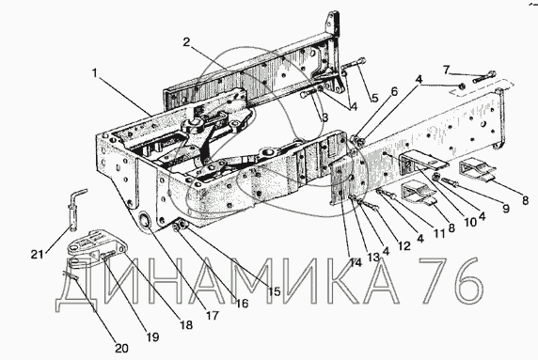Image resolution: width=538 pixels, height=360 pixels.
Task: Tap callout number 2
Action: [186, 42]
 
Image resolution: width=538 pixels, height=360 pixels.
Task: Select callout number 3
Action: [324, 117]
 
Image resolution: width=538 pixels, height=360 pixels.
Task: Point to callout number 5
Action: [374, 99]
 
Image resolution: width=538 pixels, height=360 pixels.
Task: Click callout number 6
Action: [393, 91]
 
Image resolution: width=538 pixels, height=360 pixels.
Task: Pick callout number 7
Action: [446, 70]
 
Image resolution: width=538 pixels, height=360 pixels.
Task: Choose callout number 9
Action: [506, 209]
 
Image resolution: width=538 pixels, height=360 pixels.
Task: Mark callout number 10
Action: [470, 223]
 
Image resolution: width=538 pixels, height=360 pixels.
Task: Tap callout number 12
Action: [403, 246]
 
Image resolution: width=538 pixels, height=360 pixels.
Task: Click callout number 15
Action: [274, 291]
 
